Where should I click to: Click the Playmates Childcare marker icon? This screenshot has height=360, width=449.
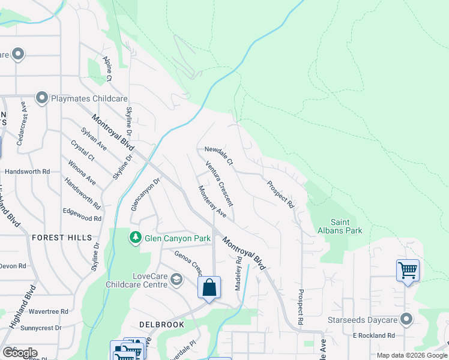tap(41, 97)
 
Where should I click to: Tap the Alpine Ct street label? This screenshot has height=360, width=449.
tap(107, 69)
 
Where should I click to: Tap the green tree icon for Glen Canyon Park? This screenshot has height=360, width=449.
tap(136, 238)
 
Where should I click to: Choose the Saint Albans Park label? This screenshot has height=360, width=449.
tap(340, 226)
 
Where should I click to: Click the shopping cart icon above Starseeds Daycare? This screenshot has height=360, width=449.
tap(408, 271)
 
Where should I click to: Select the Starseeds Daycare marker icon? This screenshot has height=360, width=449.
tap(407, 319)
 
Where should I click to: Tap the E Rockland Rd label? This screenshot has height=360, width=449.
tap(373, 335)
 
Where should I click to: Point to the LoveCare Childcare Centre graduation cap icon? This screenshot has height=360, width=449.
tap(176, 279)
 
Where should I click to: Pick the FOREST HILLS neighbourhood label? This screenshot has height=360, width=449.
tap(62, 238)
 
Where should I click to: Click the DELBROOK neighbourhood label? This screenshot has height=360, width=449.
tap(161, 324)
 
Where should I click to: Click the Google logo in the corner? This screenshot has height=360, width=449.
tap(20, 352)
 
